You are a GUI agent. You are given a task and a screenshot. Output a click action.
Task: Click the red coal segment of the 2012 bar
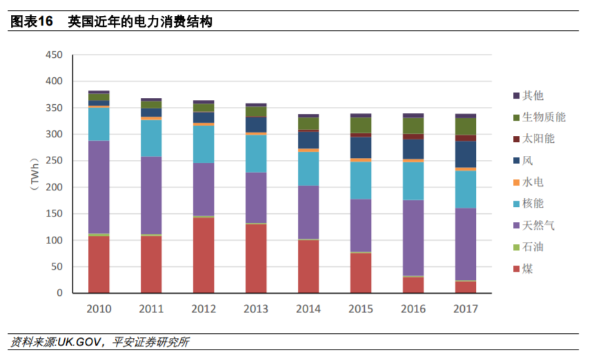pos(203,255)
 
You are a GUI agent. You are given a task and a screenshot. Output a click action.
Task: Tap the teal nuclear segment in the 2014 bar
pos(308,168)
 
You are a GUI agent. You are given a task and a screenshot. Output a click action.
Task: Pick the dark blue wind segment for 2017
pos(466,154)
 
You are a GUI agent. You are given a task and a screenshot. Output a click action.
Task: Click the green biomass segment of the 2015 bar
pos(361,125)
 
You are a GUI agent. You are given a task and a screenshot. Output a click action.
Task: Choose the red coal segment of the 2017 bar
pos(466,287)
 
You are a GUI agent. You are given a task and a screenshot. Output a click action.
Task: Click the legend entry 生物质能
pos(543,117)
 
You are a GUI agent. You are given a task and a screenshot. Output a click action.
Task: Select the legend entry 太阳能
pos(538,139)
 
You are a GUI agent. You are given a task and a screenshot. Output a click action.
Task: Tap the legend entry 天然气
pos(538,226)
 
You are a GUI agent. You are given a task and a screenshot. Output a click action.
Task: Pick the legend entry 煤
pos(528,268)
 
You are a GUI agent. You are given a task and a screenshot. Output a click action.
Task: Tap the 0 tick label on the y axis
pos(59,293)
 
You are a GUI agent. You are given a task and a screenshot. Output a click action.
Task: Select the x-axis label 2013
pos(256,308)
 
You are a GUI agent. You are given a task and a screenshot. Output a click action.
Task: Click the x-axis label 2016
pos(413,308)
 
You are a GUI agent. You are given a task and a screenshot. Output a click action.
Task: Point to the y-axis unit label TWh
pos(33,173)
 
